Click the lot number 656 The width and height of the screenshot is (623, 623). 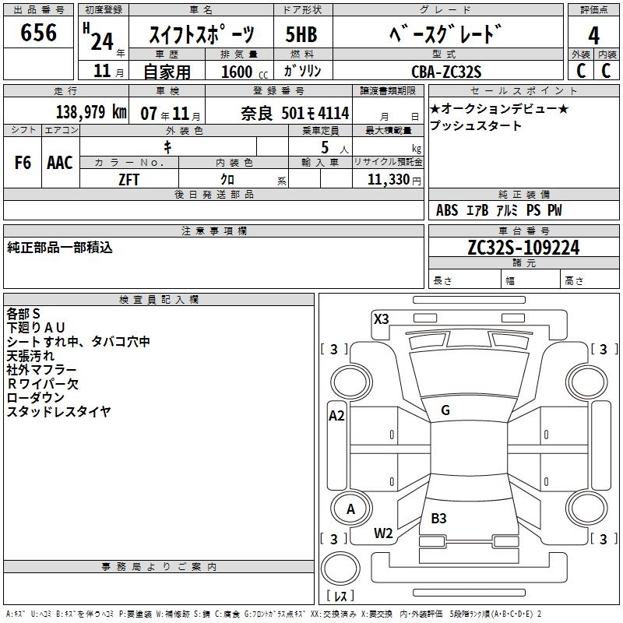38,33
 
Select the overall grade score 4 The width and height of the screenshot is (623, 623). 593,35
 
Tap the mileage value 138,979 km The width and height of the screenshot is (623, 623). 91,112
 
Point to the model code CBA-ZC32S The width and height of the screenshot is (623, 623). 446,72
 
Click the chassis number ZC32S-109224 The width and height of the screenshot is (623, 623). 523,248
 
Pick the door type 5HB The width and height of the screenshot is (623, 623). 301,34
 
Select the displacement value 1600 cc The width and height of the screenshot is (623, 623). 245,72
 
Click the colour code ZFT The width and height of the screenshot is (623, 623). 128,180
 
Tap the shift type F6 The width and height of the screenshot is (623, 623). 23,163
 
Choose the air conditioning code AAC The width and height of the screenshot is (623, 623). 60,163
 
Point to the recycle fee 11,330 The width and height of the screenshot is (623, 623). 389,180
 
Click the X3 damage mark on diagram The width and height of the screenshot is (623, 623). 382,319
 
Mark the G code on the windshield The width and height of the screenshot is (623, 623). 445,410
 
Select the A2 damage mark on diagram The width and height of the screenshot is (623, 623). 336,416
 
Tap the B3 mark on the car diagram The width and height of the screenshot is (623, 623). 438,518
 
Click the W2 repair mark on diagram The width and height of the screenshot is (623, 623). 383,533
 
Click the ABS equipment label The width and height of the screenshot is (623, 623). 447,209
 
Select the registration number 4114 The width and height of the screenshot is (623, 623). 334,113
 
